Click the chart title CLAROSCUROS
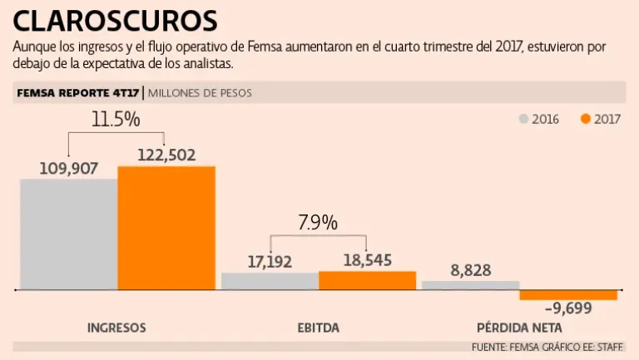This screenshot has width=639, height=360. coord(116,20)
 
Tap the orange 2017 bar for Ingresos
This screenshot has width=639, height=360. coord(166,228)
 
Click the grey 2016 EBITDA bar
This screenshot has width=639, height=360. coord(270,281)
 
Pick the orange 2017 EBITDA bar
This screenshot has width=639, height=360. coord(367,280)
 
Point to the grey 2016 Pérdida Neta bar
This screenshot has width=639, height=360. coord(470,285)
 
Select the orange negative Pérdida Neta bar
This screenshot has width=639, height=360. coord(568,295)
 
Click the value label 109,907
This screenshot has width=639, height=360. coord(69,168)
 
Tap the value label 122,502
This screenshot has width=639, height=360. coord(166,155)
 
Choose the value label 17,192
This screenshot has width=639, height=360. coord(270,262)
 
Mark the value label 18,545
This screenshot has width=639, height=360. coord(367,260)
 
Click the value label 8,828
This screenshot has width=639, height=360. coord(470,270)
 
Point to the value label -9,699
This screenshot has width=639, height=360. coord(568,310)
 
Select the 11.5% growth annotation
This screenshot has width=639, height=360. coord(115,119)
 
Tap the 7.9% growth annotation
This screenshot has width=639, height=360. coord(317,223)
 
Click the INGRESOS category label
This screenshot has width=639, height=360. coord(116,328)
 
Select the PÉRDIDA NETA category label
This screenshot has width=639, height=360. coord(519,328)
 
